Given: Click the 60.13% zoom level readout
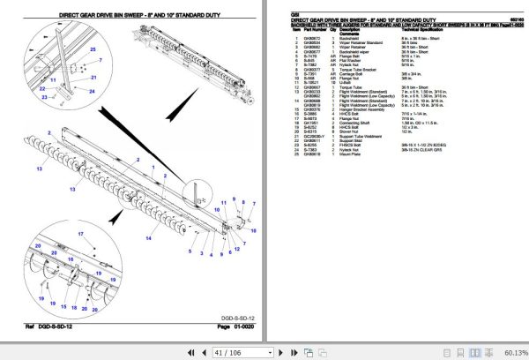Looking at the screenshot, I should (510, 351).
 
